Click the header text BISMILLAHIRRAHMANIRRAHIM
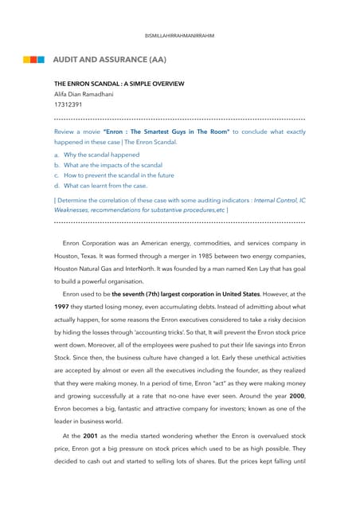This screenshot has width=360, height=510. (x=179, y=36)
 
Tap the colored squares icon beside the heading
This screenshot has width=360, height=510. (x=33, y=60)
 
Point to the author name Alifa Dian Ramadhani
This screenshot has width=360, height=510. (x=84, y=94)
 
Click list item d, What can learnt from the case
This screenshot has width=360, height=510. (x=105, y=186)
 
